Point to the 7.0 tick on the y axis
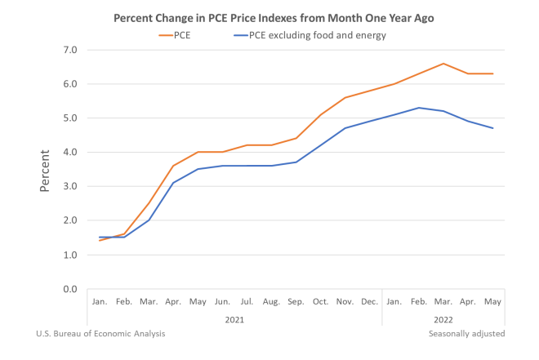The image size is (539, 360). pos(69,50)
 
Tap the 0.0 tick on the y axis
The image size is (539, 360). pos(69,289)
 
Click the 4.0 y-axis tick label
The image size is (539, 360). pos(69,152)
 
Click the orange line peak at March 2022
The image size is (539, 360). pos(443,64)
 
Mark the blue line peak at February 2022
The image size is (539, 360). pos(418,108)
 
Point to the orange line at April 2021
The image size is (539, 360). pos(172,166)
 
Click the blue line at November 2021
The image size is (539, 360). pos(345,128)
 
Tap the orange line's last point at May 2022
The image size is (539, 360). pos(492,73)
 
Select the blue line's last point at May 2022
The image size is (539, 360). pos(492,128)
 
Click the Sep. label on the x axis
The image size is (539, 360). pos(296,302)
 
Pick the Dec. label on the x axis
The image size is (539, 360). pos(369,302)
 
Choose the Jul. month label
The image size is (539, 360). pos(247,302)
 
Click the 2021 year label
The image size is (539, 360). pos(234,319)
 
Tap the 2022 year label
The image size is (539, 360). pos(443,319)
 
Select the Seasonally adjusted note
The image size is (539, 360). pos(466,333)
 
